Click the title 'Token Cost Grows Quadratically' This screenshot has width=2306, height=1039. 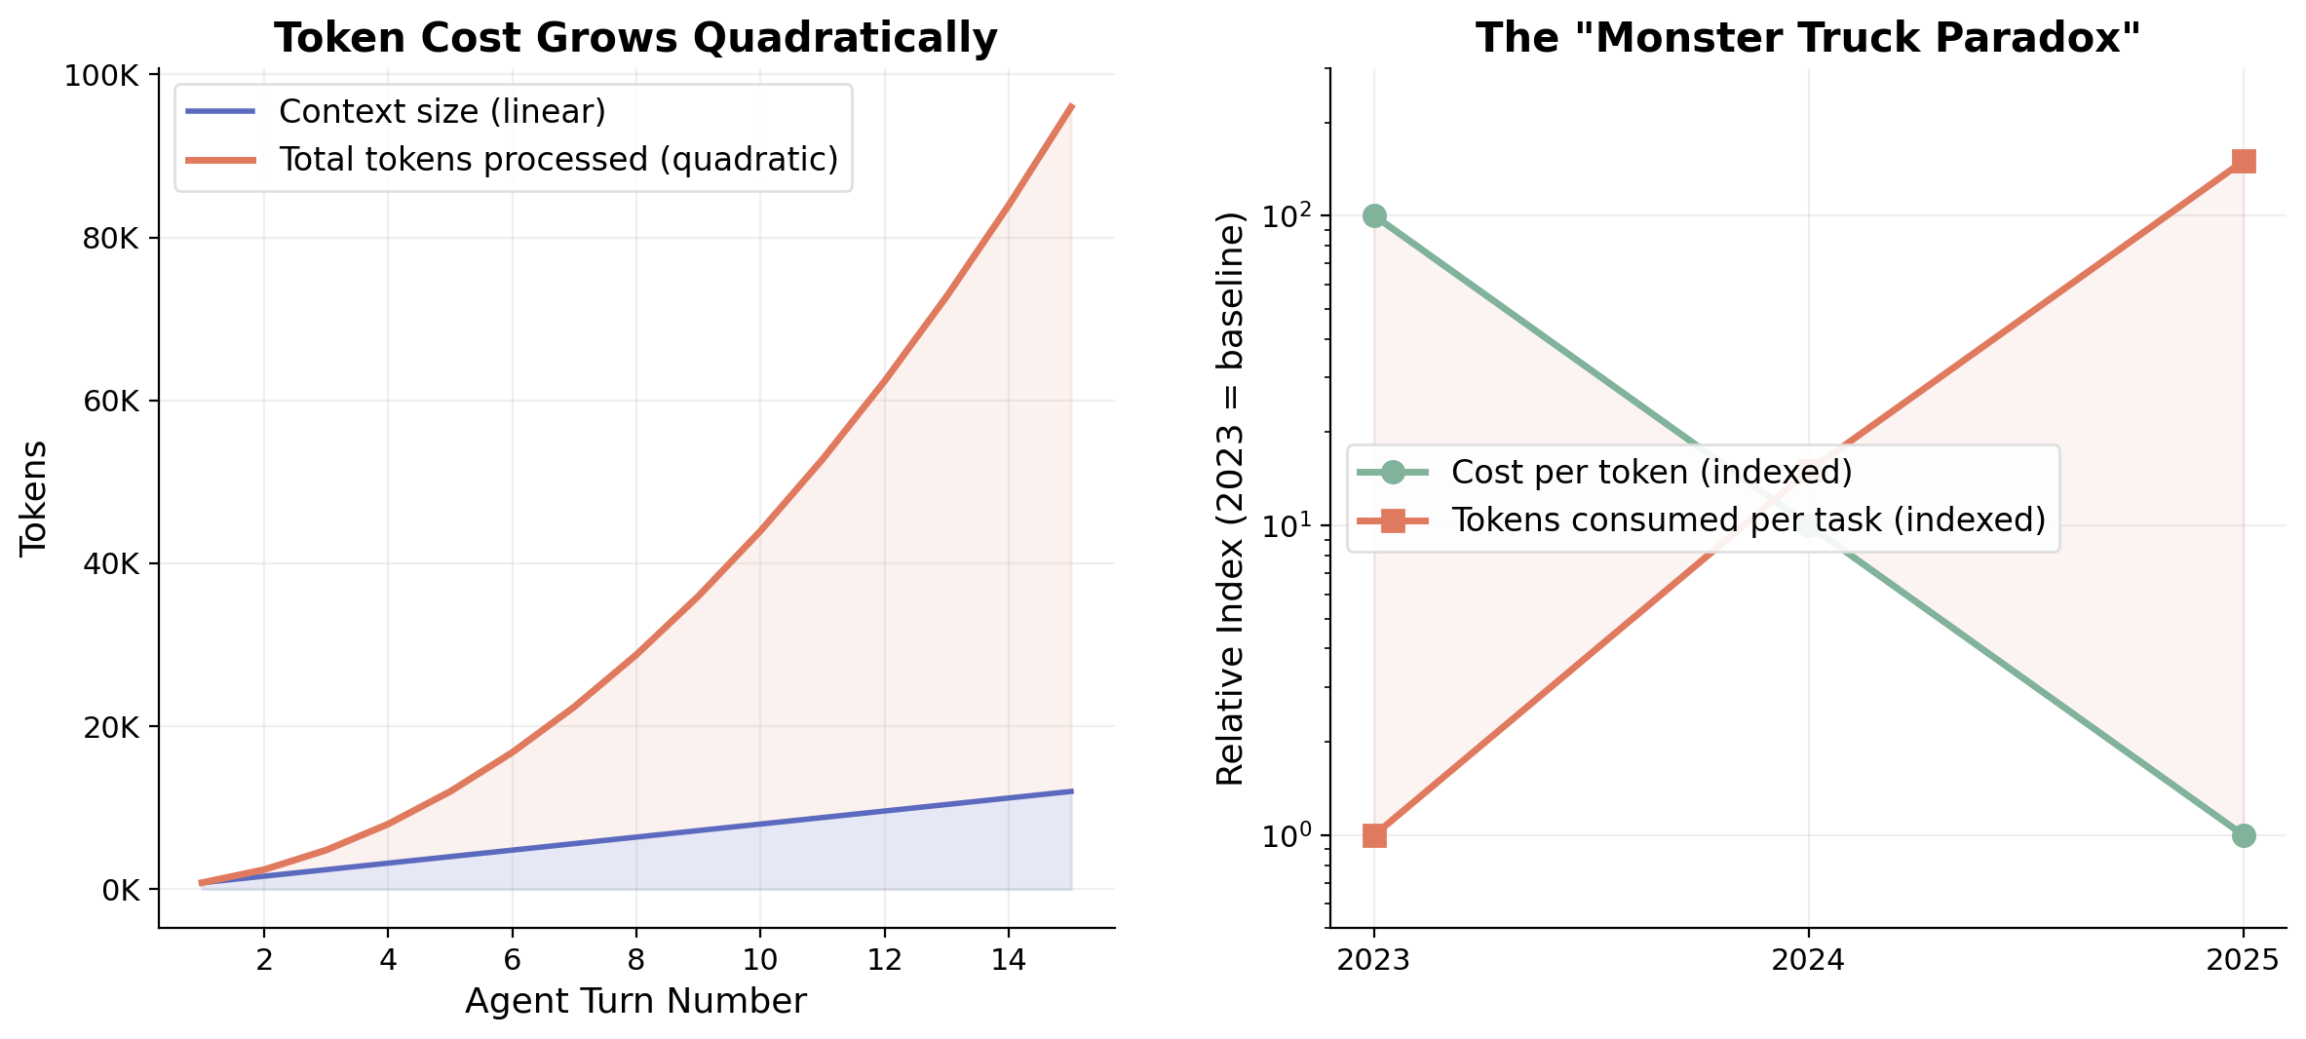pyautogui.click(x=635, y=39)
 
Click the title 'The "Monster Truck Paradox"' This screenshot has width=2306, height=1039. pyautogui.click(x=1808, y=39)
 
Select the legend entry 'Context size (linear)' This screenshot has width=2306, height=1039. pyautogui.click(x=442, y=112)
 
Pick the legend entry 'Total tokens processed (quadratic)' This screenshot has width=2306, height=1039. pyautogui.click(x=557, y=160)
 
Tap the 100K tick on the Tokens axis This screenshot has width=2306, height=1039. pyautogui.click(x=102, y=76)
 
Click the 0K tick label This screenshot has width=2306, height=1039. pyautogui.click(x=121, y=890)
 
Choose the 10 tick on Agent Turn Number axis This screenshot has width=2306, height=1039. pyautogui.click(x=759, y=960)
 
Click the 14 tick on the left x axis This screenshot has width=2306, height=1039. pyautogui.click(x=1008, y=960)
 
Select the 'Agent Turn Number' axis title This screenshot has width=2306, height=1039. pyautogui.click(x=635, y=1002)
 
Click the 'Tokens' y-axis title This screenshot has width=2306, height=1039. pyautogui.click(x=34, y=498)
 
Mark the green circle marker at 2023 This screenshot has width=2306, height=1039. pyautogui.click(x=1374, y=216)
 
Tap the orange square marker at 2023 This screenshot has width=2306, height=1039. pyautogui.click(x=1374, y=836)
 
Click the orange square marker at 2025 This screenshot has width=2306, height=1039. pyautogui.click(x=2244, y=161)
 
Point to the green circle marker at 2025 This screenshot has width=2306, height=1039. pyautogui.click(x=2244, y=836)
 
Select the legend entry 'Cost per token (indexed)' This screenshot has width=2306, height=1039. pyautogui.click(x=1651, y=473)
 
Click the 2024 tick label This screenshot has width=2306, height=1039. pyautogui.click(x=1808, y=960)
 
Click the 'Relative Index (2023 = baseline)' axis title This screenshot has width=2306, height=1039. pyautogui.click(x=1231, y=498)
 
